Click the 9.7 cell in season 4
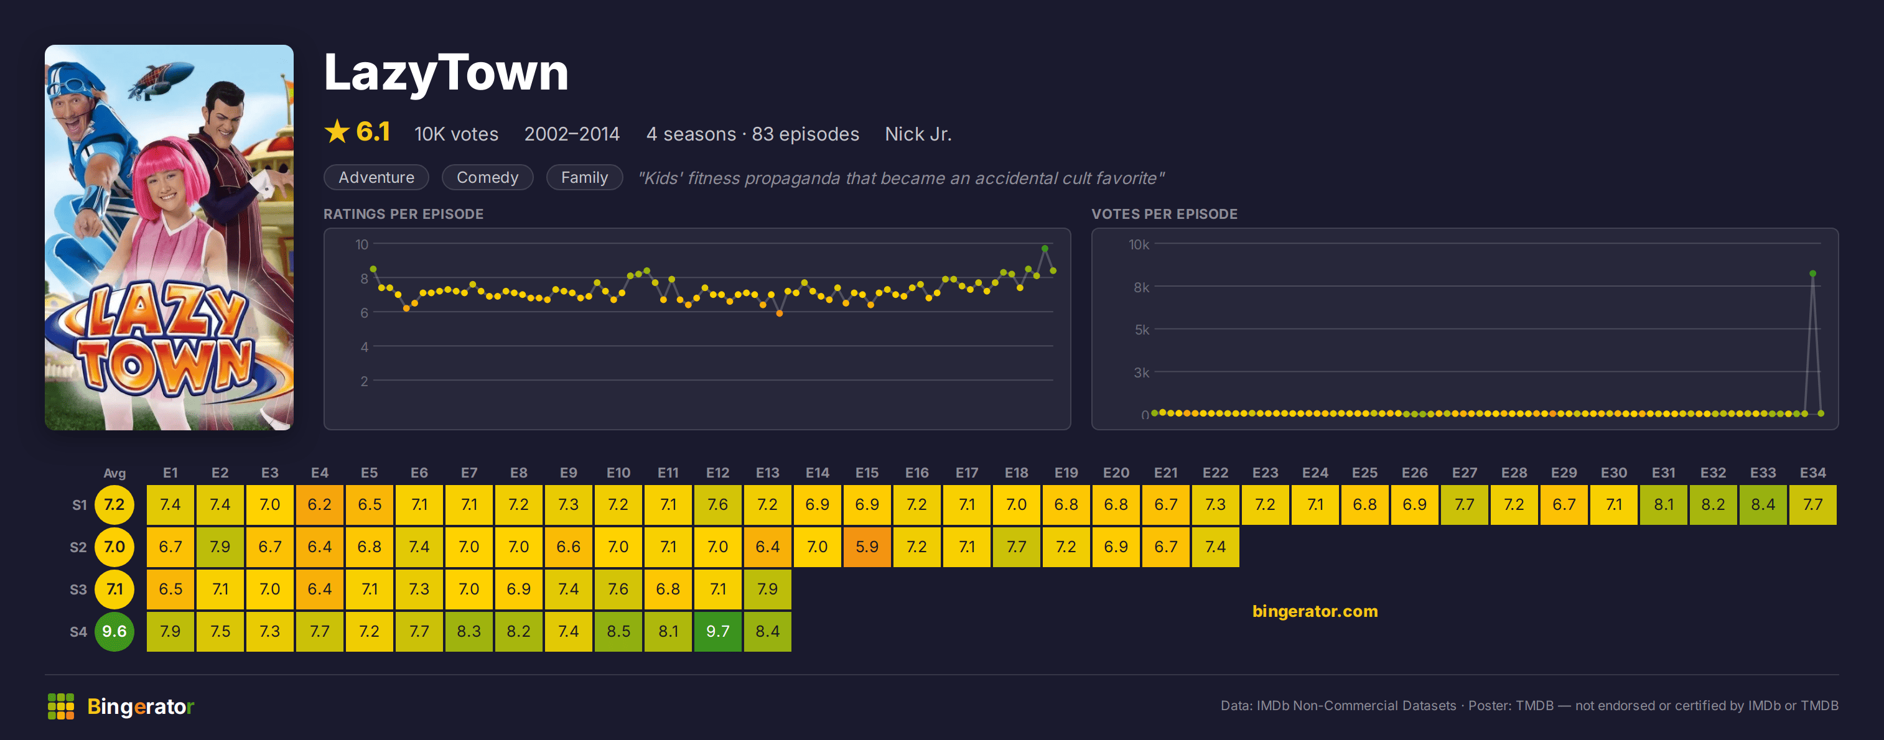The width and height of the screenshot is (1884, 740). [x=717, y=631]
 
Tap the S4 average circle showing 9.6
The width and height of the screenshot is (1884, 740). [x=114, y=631]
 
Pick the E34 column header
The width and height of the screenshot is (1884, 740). [x=1812, y=473]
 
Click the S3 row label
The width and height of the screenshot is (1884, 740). [x=78, y=590]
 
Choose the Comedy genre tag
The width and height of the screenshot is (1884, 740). [x=487, y=177]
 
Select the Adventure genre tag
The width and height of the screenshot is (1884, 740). [x=376, y=177]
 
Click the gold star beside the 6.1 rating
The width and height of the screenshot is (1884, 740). [x=337, y=132]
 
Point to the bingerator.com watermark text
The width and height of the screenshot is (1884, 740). [x=1314, y=611]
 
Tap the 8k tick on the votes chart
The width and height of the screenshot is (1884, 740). [x=1141, y=287]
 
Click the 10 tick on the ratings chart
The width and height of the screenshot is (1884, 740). [x=362, y=244]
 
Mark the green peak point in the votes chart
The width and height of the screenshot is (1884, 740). [x=1812, y=274]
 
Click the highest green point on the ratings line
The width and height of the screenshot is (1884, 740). [x=1045, y=249]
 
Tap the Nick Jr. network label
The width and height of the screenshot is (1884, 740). [x=918, y=134]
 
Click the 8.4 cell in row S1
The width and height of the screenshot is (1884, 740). [x=1763, y=504]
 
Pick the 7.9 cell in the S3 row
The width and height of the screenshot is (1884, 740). [x=767, y=589]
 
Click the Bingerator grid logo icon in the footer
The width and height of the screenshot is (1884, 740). [x=61, y=706]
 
